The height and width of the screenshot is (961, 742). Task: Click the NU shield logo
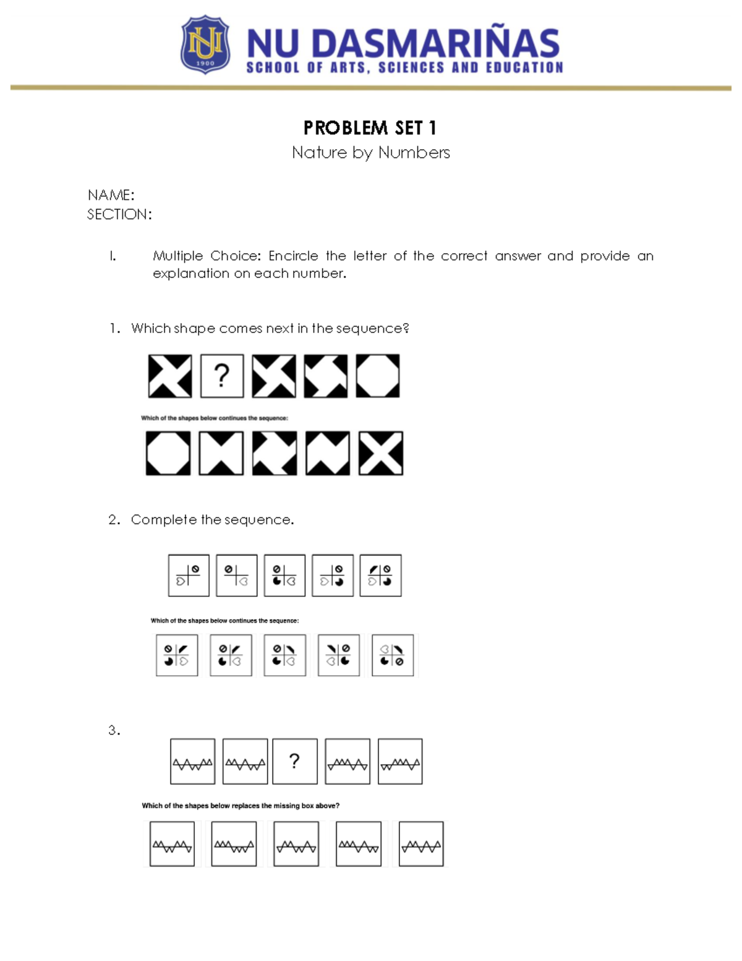pos(205,45)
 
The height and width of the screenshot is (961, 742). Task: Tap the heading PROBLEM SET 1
pos(370,128)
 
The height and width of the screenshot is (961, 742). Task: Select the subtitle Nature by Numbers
pos(370,152)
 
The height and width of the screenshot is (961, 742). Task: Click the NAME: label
pos(111,195)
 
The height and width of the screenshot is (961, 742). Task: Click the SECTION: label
pos(119,214)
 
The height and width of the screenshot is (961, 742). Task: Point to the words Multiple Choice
pos(207,256)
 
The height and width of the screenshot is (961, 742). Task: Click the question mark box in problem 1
pos(222,376)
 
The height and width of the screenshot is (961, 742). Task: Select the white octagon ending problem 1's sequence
pos(378,376)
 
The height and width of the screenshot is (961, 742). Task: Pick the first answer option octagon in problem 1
pos(168,453)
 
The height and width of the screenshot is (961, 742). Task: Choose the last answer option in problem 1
pos(381,453)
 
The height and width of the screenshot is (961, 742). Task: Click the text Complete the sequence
pos(212,520)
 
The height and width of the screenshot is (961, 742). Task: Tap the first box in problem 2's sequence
pos(189,575)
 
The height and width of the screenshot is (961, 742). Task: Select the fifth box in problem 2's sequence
pos(380,575)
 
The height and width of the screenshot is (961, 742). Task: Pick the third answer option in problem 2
pos(284,655)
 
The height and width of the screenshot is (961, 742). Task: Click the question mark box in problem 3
pos(295,761)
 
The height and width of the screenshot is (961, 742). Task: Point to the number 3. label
pos(114,730)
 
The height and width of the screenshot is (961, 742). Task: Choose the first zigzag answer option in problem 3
pos(172,844)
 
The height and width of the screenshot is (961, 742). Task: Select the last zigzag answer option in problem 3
pos(421,844)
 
